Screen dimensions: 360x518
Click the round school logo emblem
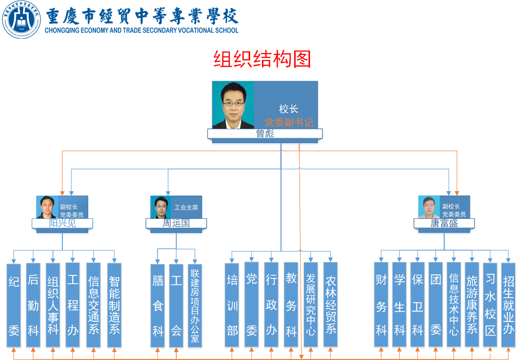pyautogui.click(x=21, y=20)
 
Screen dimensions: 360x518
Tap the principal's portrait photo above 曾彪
pyautogui.click(x=233, y=105)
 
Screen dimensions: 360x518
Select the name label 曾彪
pyautogui.click(x=265, y=134)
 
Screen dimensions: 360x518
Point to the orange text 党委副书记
pyautogui.click(x=289, y=122)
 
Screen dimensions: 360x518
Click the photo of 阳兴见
pyautogui.click(x=47, y=207)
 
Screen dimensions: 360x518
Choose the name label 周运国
pyautogui.click(x=176, y=223)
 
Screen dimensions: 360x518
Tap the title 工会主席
pyautogui.click(x=186, y=207)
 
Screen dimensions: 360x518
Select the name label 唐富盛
pyautogui.click(x=444, y=223)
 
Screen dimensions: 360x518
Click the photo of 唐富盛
pyautogui.click(x=429, y=207)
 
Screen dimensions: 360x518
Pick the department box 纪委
pyautogui.click(x=14, y=305)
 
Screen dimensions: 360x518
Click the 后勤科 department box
pyautogui.click(x=33, y=305)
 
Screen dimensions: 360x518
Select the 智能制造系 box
pyautogui.click(x=114, y=305)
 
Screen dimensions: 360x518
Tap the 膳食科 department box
pyautogui.click(x=157, y=305)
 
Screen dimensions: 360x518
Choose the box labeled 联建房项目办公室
pyautogui.click(x=195, y=305)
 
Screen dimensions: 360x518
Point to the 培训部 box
pyautogui.click(x=232, y=305)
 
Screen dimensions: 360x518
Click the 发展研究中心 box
pyautogui.click(x=311, y=305)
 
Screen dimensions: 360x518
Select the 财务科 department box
pyautogui.click(x=381, y=305)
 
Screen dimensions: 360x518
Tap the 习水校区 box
pyautogui.click(x=490, y=305)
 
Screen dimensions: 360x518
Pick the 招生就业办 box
pyautogui.click(x=508, y=305)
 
